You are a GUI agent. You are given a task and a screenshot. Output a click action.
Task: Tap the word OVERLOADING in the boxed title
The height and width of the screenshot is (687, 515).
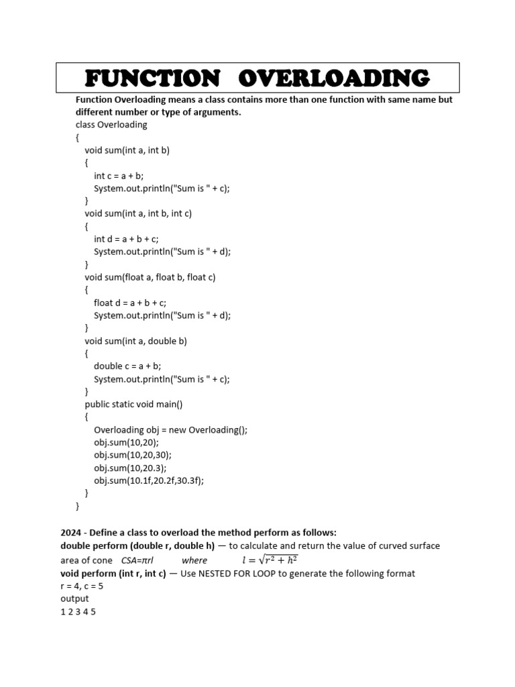pyautogui.click(x=334, y=78)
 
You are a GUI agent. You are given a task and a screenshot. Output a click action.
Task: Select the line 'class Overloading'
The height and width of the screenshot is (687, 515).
pyautogui.click(x=111, y=125)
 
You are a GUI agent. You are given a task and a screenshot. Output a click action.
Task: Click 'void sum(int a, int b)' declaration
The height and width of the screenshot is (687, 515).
pyautogui.click(x=127, y=150)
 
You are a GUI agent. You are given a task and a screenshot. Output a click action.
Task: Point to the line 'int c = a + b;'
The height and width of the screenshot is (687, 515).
pyautogui.click(x=119, y=176)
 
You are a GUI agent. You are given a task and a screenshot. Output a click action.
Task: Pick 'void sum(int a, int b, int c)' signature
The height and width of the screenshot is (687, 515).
pyautogui.click(x=138, y=213)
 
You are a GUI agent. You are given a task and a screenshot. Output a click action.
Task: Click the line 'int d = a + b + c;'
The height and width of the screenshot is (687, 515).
pyautogui.click(x=126, y=239)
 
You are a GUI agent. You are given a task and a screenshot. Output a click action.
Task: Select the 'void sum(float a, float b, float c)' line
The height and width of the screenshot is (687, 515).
pyautogui.click(x=150, y=277)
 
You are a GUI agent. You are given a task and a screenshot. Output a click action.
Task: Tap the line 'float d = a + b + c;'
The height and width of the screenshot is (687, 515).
pyautogui.click(x=130, y=303)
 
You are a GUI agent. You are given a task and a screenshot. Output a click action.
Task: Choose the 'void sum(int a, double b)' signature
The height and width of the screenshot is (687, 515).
pyautogui.click(x=136, y=341)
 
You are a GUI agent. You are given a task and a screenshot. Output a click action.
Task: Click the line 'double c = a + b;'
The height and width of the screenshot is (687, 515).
pyautogui.click(x=127, y=366)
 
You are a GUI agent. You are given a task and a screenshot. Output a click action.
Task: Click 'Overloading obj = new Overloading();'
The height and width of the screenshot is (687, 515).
pyautogui.click(x=171, y=430)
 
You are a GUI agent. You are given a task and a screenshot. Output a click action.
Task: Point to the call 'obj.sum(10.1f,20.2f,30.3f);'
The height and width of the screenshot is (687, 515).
pyautogui.click(x=148, y=481)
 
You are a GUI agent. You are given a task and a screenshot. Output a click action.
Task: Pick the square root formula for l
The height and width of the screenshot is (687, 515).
pyautogui.click(x=270, y=560)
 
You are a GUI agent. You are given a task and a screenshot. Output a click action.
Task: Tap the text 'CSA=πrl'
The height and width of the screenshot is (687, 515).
pyautogui.click(x=137, y=560)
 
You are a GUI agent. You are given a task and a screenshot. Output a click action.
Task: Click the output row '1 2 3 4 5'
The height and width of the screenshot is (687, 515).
pyautogui.click(x=78, y=612)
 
